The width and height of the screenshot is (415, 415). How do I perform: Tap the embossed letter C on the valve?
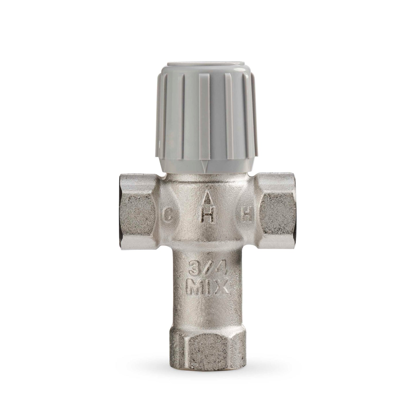169,217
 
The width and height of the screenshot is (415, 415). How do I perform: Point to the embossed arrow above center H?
209,199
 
